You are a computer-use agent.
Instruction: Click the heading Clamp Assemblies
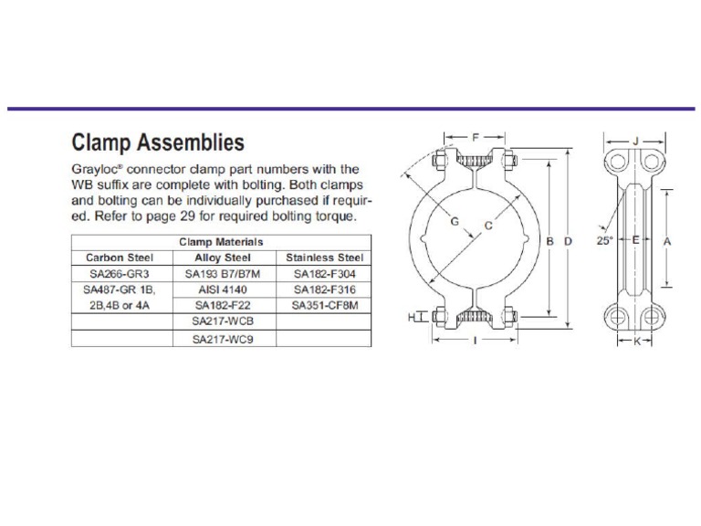click(158, 142)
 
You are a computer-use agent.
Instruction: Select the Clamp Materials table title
click(221, 242)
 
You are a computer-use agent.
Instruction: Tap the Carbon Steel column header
click(120, 258)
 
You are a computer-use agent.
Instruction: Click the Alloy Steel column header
click(223, 258)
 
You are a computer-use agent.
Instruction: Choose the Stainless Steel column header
click(325, 258)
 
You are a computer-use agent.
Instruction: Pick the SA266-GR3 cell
click(120, 274)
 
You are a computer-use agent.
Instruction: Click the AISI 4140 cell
click(223, 289)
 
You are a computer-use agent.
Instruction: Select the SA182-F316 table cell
click(325, 289)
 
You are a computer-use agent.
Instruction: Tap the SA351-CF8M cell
click(325, 306)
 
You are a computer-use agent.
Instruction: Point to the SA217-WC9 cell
click(223, 340)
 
